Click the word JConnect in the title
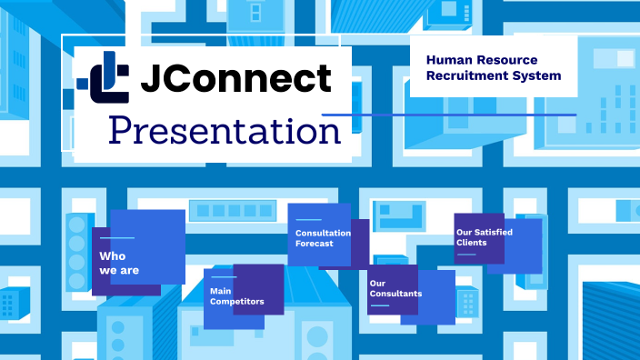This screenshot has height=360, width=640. coord(235,79)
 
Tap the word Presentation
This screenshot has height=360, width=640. coord(225,130)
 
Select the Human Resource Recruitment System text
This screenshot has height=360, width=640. coord(494,66)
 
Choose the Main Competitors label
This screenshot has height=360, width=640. coord(236,296)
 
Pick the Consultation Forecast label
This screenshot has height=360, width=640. coord(316,238)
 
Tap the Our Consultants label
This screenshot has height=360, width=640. coord(395,288)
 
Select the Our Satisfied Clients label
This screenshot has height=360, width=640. coord(485,237)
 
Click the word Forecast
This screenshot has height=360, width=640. coord(315,244)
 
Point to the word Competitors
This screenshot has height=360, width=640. coord(237,301)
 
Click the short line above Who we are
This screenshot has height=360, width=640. coord(110,238)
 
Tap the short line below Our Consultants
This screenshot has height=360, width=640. coord(379,305)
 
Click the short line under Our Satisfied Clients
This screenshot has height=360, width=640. coord(465,255)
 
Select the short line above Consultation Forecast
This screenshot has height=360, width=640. coord(309,220)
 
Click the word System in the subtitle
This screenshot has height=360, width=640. coord(539,75)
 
